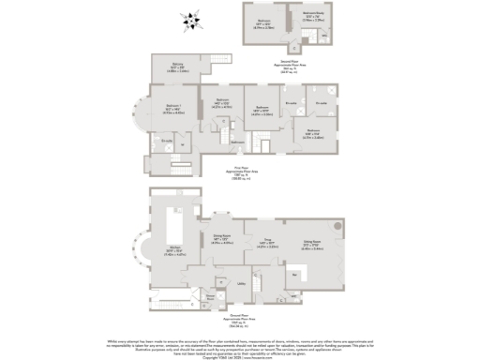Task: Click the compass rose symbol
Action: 192,19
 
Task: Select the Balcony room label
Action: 177,67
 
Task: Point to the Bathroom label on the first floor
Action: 238,142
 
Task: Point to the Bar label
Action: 297,275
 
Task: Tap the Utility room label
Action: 241,283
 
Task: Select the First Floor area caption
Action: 242,174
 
